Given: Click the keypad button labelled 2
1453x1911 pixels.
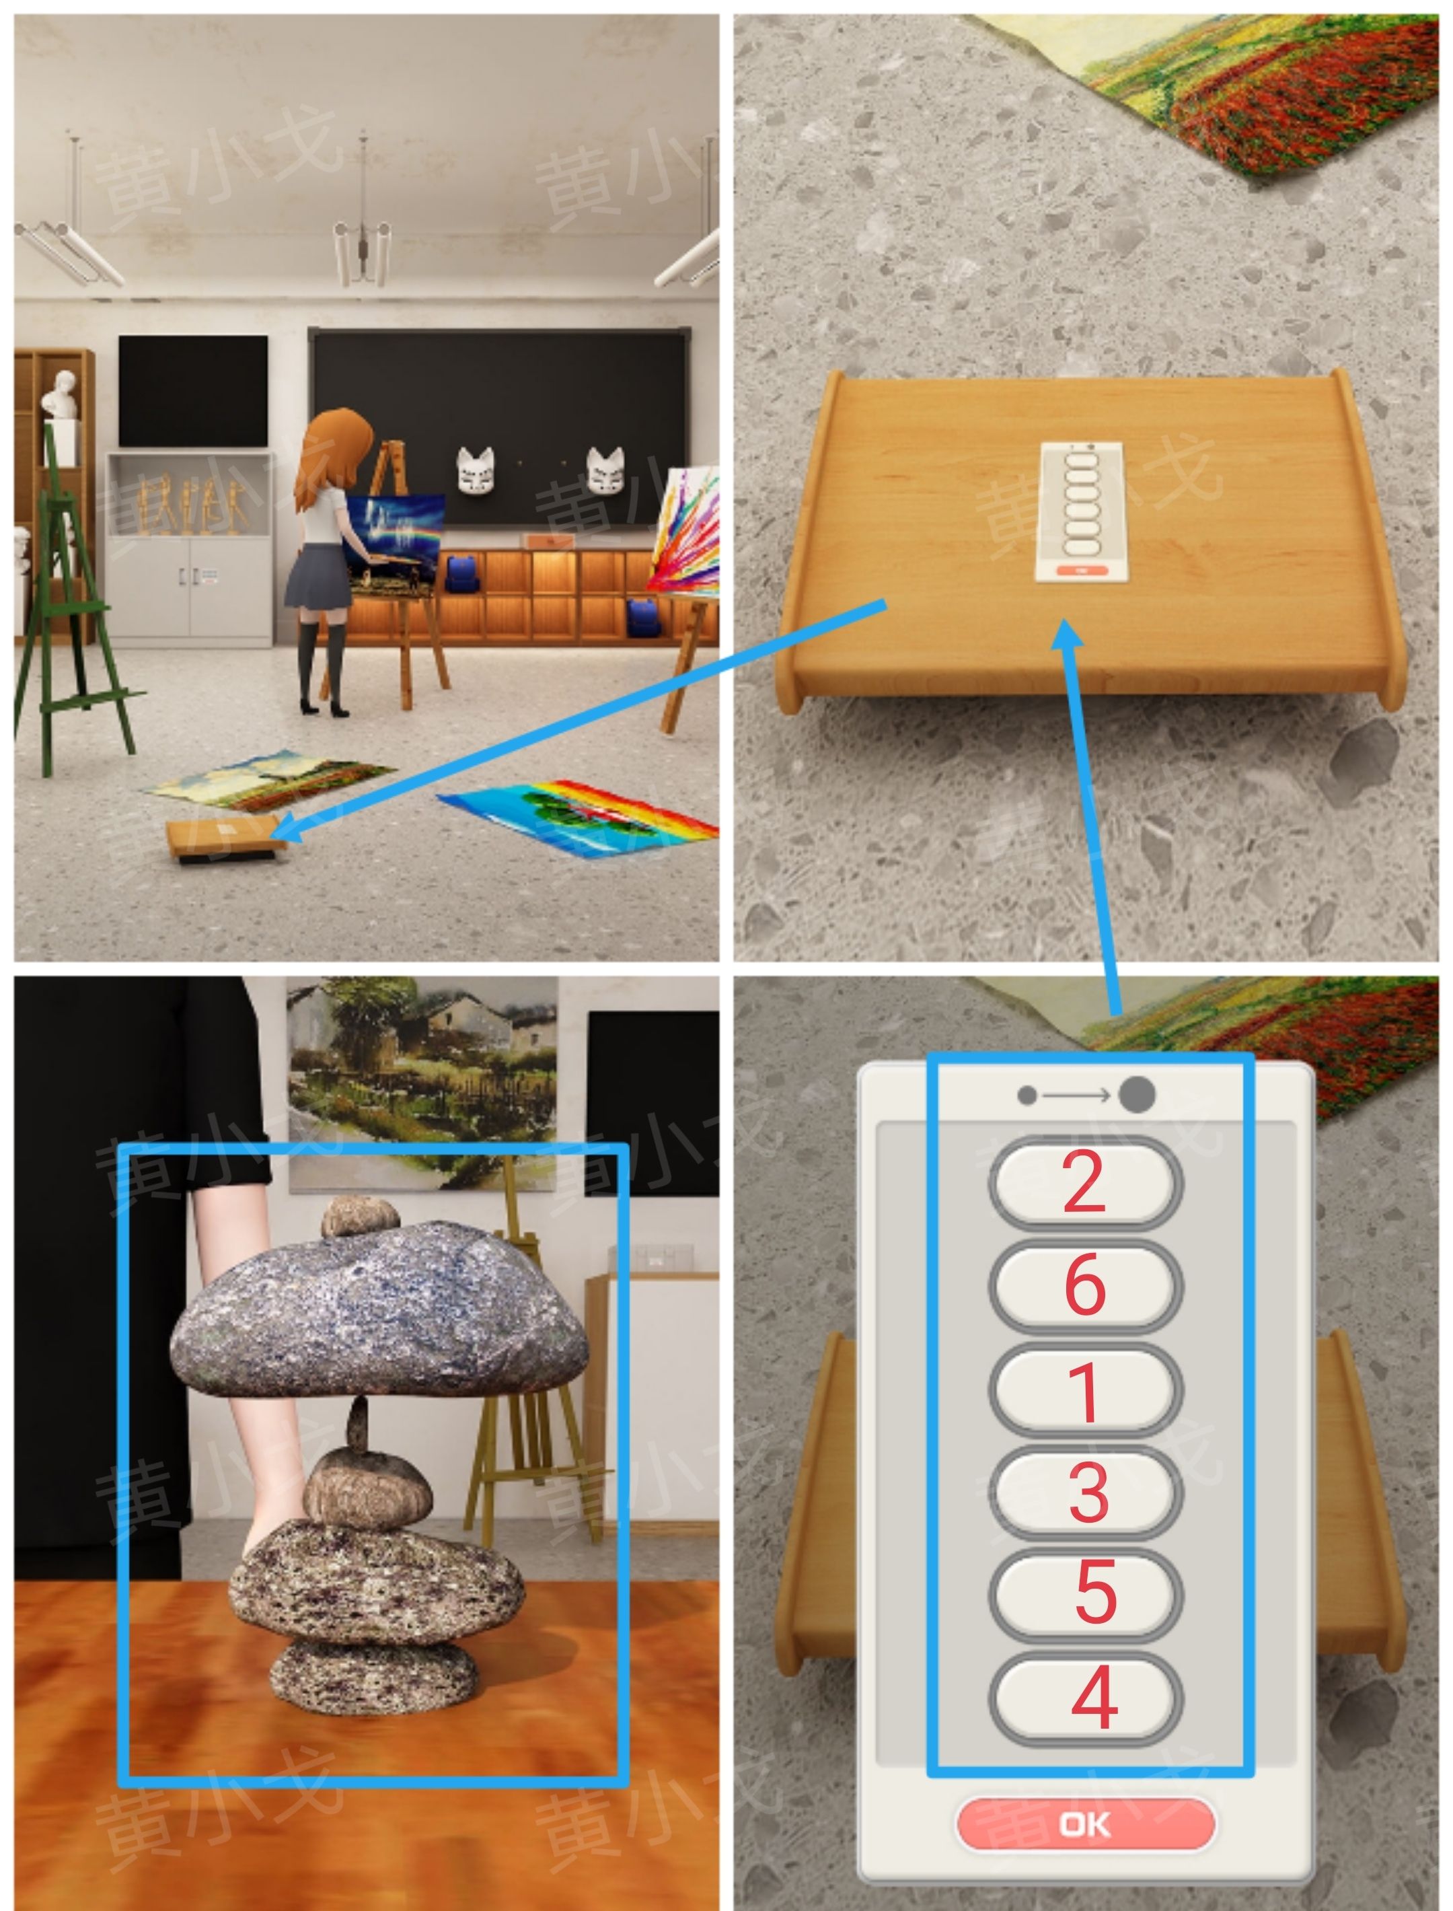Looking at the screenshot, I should (1086, 1182).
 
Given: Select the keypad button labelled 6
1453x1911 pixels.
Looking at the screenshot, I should (1086, 1285).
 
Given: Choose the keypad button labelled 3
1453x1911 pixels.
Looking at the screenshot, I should (1086, 1491).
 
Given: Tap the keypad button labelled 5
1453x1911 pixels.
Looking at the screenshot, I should (1086, 1593).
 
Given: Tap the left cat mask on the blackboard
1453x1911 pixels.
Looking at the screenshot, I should (475, 472).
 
